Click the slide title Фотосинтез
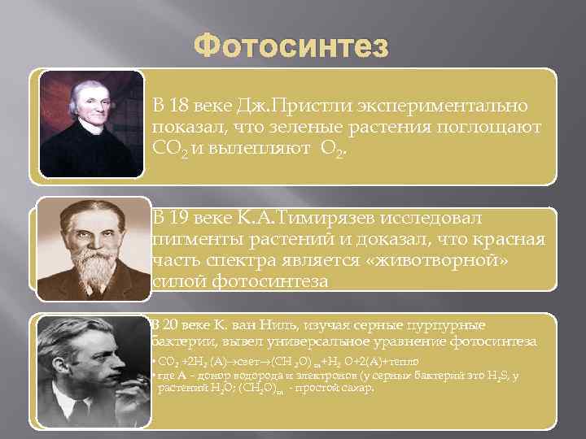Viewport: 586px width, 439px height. [292, 46]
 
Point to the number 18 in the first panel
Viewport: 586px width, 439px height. [178, 106]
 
